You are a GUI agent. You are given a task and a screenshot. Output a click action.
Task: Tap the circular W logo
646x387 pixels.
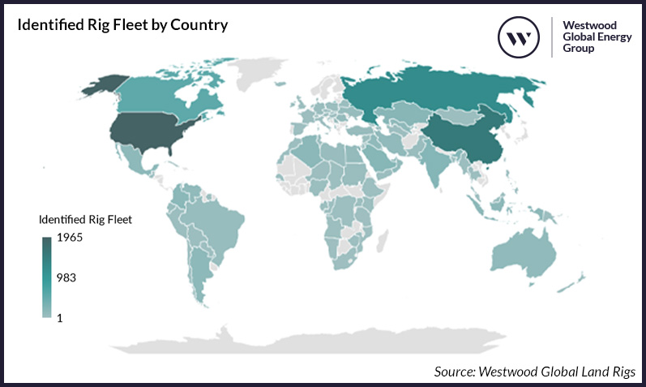tap(519, 37)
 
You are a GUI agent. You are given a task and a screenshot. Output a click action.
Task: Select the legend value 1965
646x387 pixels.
tap(69, 238)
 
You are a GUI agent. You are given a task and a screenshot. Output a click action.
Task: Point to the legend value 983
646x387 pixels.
tap(66, 277)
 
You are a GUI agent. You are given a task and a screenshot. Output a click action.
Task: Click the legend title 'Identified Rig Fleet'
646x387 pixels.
tap(85, 218)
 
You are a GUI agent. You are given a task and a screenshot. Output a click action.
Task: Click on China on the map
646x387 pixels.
tap(462, 134)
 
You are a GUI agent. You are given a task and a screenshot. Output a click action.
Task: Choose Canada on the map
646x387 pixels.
tap(154, 93)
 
